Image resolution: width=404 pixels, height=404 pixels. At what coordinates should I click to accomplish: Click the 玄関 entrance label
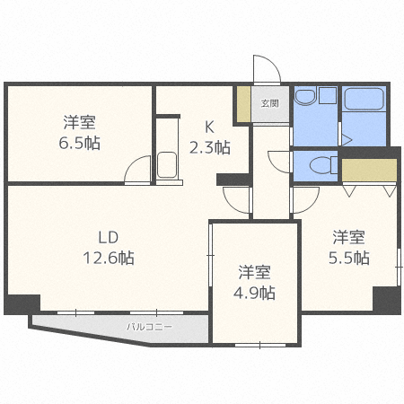[269, 102]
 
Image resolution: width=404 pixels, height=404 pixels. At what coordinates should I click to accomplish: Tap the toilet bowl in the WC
[317, 164]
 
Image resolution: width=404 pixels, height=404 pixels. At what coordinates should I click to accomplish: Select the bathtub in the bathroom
[363, 106]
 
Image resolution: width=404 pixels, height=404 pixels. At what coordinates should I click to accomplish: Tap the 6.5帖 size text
[79, 142]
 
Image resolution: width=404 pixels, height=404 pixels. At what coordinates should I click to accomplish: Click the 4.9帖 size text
[256, 293]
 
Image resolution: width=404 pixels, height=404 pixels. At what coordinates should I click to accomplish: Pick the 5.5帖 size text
[349, 259]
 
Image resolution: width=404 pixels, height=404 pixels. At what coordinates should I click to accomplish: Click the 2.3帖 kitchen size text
[210, 146]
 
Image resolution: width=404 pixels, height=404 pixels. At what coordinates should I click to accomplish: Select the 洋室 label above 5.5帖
[349, 238]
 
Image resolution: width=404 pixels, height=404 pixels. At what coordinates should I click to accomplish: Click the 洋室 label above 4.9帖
[256, 272]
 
